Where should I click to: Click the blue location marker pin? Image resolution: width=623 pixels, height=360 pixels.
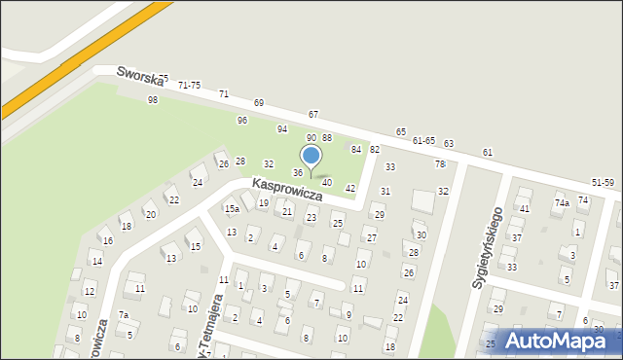(x=311, y=157)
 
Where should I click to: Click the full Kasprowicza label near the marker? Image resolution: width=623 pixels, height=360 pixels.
(x=287, y=189)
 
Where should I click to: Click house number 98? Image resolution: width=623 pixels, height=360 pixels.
(x=153, y=100)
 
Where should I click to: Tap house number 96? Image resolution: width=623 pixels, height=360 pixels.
(x=242, y=120)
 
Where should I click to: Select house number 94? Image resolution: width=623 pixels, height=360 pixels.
(x=282, y=128)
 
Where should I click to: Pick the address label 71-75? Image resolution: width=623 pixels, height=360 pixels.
(x=189, y=86)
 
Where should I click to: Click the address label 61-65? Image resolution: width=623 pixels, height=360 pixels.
(x=423, y=140)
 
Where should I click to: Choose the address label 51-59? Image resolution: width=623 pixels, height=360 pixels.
(x=603, y=183)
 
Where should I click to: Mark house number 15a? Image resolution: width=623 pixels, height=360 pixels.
(x=232, y=209)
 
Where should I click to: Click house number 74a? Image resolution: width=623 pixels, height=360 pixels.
(x=562, y=202)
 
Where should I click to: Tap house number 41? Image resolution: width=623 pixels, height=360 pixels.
(x=524, y=209)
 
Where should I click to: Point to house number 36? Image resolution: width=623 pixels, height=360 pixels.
(x=298, y=172)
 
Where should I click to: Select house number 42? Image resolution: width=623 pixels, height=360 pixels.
(x=350, y=188)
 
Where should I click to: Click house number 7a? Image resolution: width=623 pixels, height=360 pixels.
(x=124, y=314)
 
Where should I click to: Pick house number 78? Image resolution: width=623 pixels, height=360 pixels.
(x=439, y=163)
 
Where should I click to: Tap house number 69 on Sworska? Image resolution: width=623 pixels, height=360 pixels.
(x=259, y=102)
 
